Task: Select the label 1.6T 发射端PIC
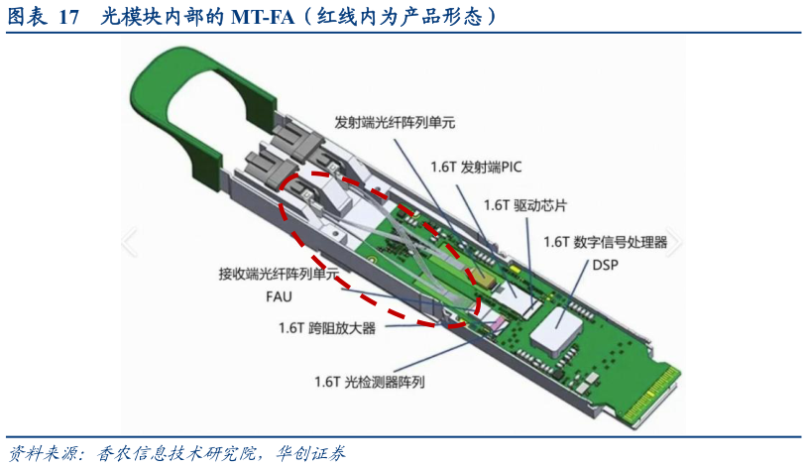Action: click(469, 167)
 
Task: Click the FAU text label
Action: click(279, 295)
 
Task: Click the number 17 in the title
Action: click(67, 16)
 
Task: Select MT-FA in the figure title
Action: click(263, 16)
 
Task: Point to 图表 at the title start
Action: click(28, 16)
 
